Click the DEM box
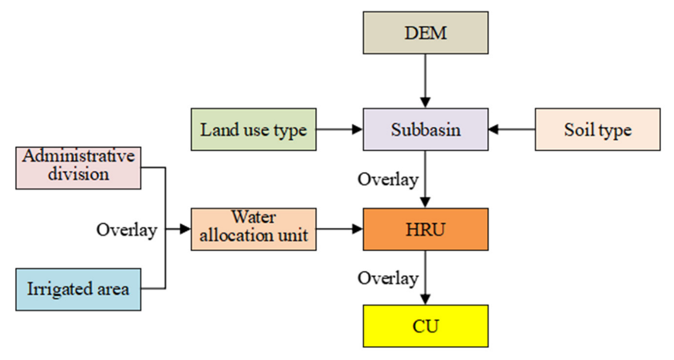point(426,33)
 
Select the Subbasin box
point(426,130)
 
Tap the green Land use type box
point(253,130)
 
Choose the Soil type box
point(597,130)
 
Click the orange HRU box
point(426,229)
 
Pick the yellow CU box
point(426,326)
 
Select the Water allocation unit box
point(253,229)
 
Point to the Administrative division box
point(78,168)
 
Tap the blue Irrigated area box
point(78,289)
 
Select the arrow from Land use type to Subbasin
point(339,130)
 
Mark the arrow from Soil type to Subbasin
point(511,130)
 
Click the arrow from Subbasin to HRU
point(426,180)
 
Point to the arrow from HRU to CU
point(426,277)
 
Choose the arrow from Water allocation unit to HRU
point(339,229)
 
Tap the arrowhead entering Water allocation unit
point(185,229)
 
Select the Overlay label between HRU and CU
point(388,278)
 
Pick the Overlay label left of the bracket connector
point(127,230)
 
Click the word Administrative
point(78,157)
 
